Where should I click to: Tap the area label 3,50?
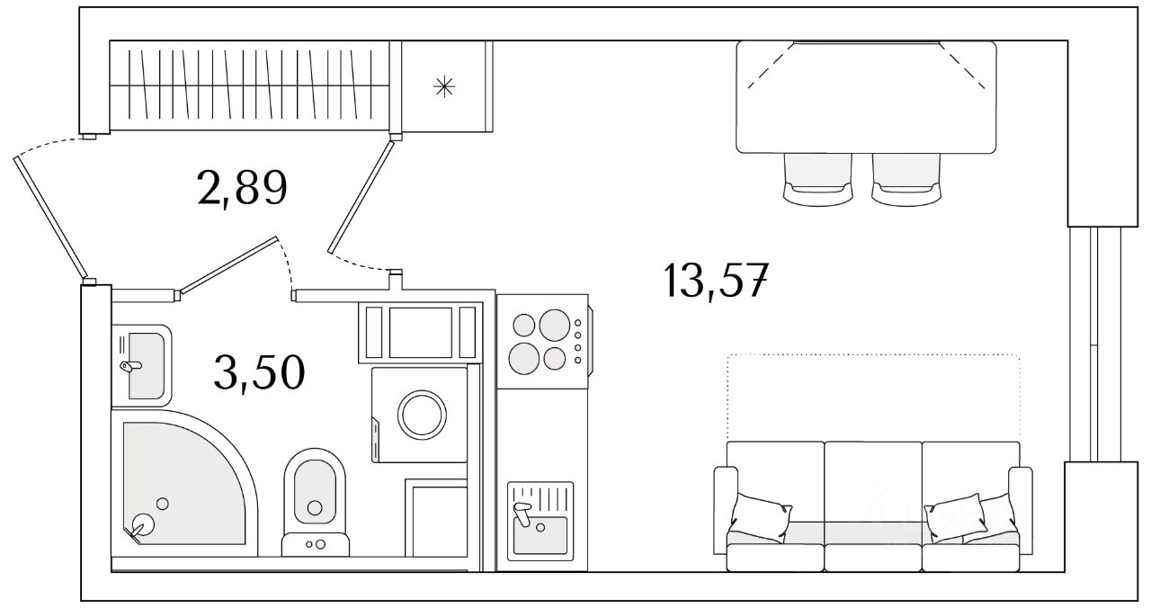point(259,371)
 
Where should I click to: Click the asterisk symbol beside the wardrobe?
point(444,86)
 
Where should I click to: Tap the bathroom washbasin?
point(145,364)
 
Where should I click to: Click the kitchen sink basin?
point(540,535)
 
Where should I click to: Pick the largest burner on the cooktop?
point(554,325)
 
